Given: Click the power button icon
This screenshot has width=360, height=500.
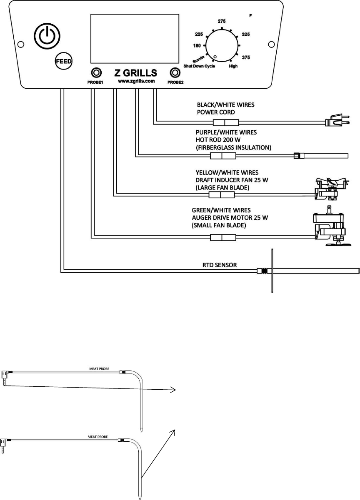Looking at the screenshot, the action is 47,36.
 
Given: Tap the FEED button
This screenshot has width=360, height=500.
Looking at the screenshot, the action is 64,61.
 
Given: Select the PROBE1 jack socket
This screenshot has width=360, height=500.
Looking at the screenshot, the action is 97,72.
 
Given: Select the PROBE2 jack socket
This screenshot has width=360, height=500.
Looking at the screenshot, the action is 175,72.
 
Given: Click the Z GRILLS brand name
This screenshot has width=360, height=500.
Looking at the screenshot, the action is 136,73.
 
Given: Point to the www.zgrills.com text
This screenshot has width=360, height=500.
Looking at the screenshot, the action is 136,81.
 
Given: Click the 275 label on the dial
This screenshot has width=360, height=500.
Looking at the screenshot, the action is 222,21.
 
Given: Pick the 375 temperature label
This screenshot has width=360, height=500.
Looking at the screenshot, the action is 246,57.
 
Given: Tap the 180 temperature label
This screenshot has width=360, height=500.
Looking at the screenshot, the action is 197,46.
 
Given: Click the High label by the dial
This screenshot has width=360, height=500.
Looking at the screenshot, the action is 233,66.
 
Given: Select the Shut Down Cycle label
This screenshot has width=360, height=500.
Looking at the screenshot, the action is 199,66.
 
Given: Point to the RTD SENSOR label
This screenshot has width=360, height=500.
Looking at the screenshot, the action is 220,265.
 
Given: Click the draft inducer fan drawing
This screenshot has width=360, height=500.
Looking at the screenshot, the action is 332,189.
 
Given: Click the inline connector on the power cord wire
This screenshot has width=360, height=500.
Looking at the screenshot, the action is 226,123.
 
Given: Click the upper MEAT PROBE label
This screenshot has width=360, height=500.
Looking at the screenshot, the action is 100,369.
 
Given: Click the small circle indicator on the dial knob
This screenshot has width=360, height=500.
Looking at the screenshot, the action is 215,57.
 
